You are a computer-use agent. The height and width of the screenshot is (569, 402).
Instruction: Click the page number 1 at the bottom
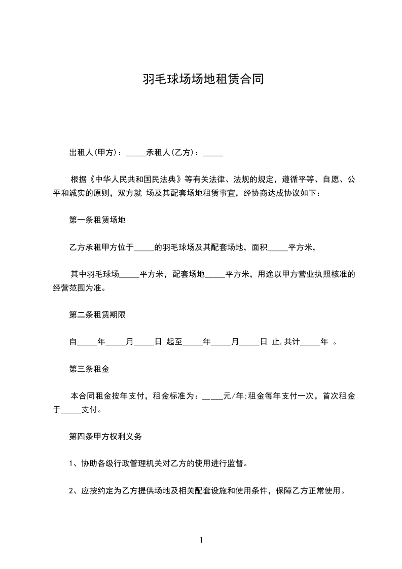click(x=201, y=540)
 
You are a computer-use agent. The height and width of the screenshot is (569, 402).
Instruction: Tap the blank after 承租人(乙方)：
click(x=212, y=152)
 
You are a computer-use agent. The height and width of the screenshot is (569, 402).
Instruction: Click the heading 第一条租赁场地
click(x=97, y=220)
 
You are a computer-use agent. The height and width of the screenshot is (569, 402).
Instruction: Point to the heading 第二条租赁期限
click(x=97, y=314)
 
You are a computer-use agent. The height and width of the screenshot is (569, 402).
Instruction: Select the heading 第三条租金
click(x=89, y=369)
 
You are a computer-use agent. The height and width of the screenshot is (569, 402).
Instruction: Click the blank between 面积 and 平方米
click(x=277, y=247)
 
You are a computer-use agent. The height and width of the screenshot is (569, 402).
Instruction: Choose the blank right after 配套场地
click(x=215, y=274)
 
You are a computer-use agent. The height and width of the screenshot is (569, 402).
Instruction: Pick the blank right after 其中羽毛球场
click(x=129, y=274)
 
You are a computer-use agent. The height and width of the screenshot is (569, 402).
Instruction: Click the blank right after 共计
click(x=311, y=342)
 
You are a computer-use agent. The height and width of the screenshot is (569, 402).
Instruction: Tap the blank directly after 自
click(x=87, y=342)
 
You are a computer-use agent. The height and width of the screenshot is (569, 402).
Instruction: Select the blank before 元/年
click(x=212, y=396)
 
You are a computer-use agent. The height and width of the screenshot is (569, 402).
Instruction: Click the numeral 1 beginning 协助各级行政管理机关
click(x=71, y=463)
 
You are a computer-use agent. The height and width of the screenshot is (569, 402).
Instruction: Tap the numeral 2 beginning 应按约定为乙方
click(x=71, y=490)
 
